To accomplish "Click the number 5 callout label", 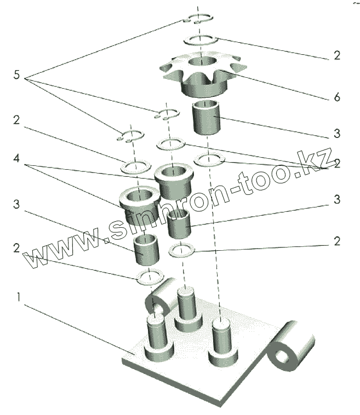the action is click(16, 75).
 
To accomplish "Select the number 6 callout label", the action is click(337, 97).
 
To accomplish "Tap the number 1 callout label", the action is click(19, 298).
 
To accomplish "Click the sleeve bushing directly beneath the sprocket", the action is click(207, 118).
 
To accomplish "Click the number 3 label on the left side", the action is click(17, 204).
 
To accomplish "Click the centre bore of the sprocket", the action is click(204, 61).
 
